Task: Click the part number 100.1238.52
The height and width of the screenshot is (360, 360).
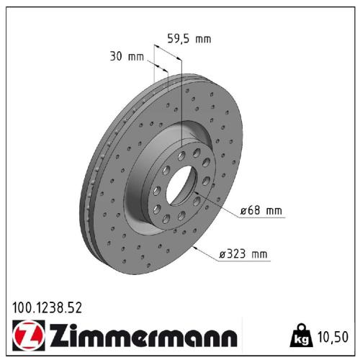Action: [47, 307]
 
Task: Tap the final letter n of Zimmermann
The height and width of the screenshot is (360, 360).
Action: [228, 338]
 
